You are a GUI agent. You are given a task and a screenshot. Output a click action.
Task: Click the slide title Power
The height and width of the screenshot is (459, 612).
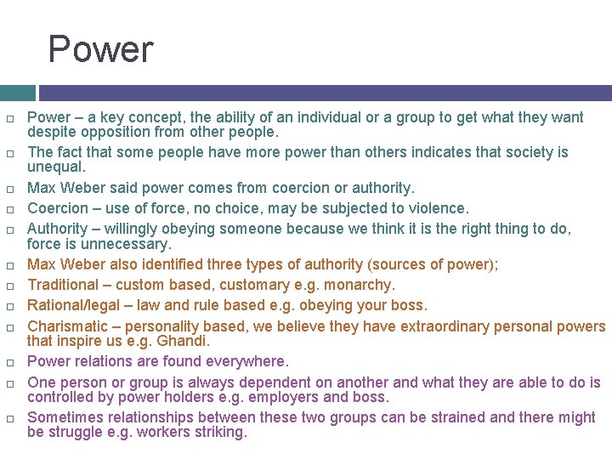coord(100,49)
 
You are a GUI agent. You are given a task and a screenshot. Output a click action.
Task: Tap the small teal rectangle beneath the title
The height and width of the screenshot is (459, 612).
coord(17,93)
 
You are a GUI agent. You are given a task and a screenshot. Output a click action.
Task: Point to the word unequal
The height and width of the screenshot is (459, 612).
coord(56,167)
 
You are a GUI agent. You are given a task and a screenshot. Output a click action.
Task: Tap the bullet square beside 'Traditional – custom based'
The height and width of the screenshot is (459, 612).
coord(9,286)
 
